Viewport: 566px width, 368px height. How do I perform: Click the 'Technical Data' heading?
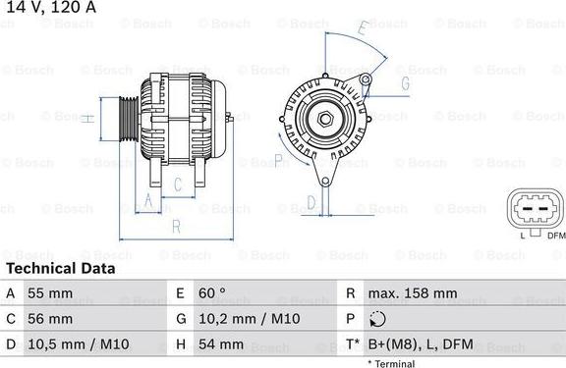tap(60, 268)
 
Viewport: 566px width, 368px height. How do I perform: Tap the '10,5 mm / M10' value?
tap(80, 344)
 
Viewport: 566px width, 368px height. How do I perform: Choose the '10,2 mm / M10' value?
tap(251, 319)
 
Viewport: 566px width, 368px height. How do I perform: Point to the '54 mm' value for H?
tap(223, 344)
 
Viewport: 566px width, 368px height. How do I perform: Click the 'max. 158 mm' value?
tap(412, 293)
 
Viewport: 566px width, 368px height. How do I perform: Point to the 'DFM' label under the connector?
tap(556, 236)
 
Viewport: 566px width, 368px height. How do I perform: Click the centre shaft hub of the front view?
tap(323, 119)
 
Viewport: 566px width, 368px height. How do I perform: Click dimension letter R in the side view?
tap(176, 227)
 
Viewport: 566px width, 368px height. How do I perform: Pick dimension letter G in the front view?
tap(404, 84)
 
